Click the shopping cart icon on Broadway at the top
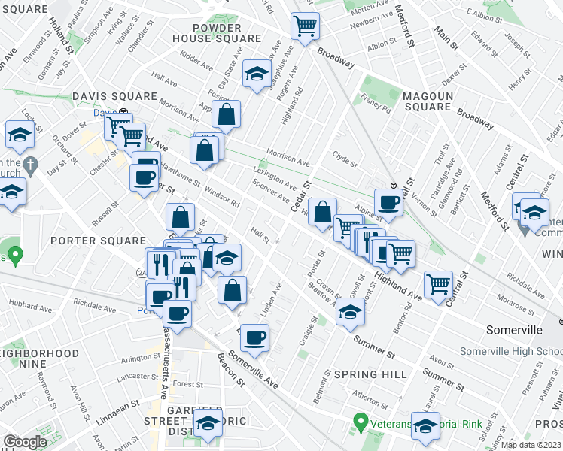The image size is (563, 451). pyautogui.click(x=306, y=27)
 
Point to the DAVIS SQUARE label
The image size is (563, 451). pyautogui.click(x=114, y=97)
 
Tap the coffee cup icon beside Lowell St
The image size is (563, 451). pyautogui.click(x=388, y=201)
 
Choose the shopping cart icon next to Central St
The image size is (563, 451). pyautogui.click(x=438, y=283)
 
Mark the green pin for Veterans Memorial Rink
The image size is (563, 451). pyautogui.click(x=362, y=422)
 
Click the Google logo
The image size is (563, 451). pyautogui.click(x=25, y=441)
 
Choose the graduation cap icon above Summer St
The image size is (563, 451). pyautogui.click(x=350, y=312)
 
